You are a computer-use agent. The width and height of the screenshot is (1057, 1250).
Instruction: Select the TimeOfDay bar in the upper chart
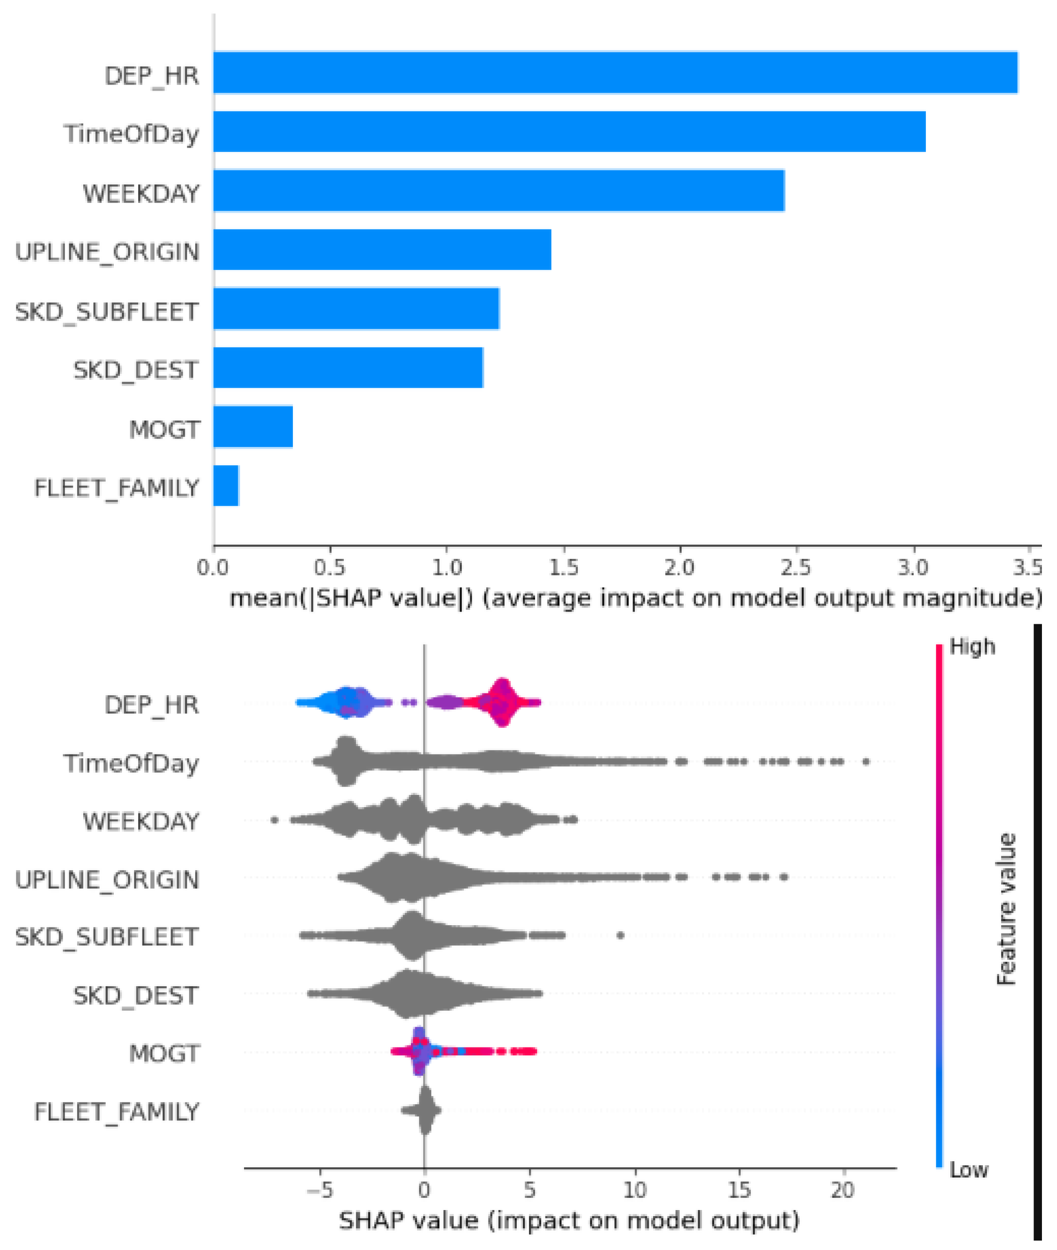click(x=569, y=131)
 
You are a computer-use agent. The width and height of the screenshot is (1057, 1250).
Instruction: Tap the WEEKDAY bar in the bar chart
click(x=498, y=190)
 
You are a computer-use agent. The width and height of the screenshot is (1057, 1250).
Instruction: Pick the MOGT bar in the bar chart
click(x=253, y=426)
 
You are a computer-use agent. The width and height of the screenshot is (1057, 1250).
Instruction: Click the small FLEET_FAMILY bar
click(x=226, y=486)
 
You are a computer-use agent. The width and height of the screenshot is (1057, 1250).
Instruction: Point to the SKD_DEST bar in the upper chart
click(x=348, y=368)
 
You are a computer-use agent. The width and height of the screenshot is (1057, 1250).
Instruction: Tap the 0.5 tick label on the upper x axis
click(x=330, y=566)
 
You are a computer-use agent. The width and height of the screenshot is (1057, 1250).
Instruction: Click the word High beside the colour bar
click(x=972, y=647)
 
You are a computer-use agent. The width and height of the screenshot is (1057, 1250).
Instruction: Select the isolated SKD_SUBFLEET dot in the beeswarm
click(x=620, y=935)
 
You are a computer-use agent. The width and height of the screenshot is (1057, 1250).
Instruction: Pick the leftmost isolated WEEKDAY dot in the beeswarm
click(x=275, y=820)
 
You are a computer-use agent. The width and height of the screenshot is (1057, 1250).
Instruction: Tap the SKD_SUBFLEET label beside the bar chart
click(x=107, y=312)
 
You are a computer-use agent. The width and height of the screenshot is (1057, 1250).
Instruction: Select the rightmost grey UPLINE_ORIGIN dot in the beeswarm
click(x=783, y=878)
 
